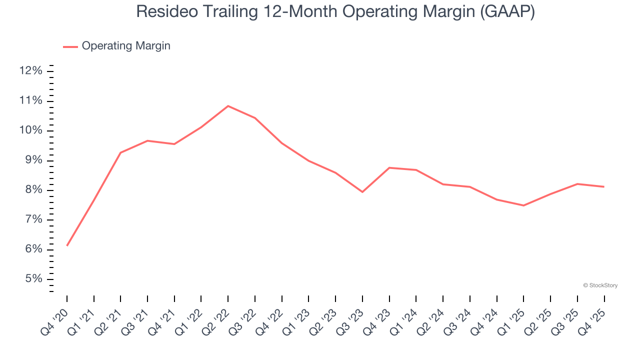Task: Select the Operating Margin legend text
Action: [126, 46]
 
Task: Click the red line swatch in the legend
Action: [70, 46]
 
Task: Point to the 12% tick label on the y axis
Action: [30, 71]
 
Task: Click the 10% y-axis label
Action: [30, 130]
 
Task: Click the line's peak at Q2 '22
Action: [228, 106]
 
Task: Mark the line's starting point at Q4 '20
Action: [67, 245]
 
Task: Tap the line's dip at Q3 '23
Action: [362, 192]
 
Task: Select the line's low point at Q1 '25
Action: [523, 205]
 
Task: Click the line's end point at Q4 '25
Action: [604, 186]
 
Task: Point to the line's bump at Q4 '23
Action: [389, 167]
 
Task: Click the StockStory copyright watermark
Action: [600, 285]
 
